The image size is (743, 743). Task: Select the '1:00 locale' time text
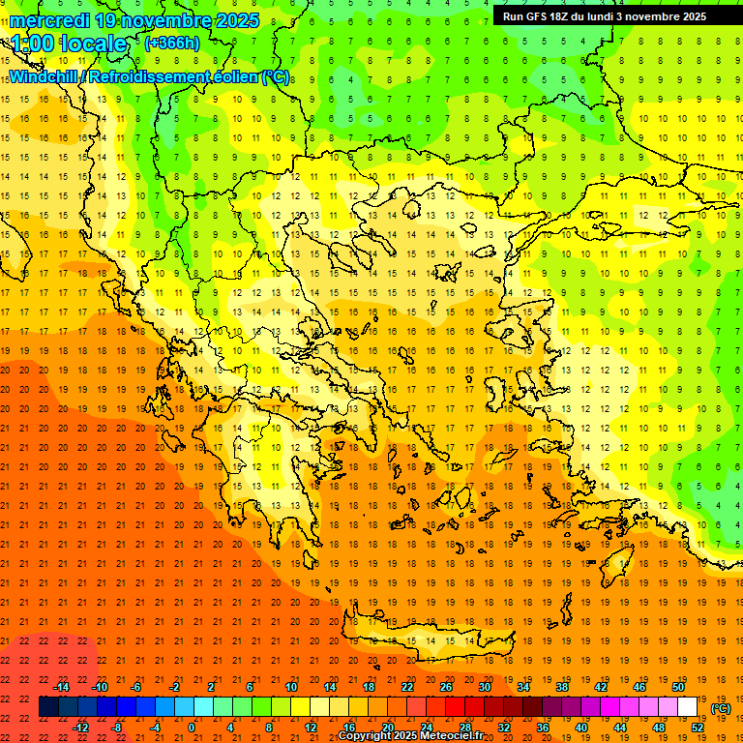tap(69, 44)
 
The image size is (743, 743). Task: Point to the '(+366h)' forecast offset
tap(171, 43)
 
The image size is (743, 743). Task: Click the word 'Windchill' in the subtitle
tap(45, 76)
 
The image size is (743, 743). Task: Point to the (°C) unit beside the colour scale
tap(721, 708)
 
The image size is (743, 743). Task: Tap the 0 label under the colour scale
tap(192, 728)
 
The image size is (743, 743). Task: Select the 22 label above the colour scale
tap(407, 687)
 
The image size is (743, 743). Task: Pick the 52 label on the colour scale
tap(698, 728)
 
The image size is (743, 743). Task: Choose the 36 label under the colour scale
tap(542, 728)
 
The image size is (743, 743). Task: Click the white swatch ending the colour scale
tap(687, 707)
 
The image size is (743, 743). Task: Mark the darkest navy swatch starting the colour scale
tap(48, 707)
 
